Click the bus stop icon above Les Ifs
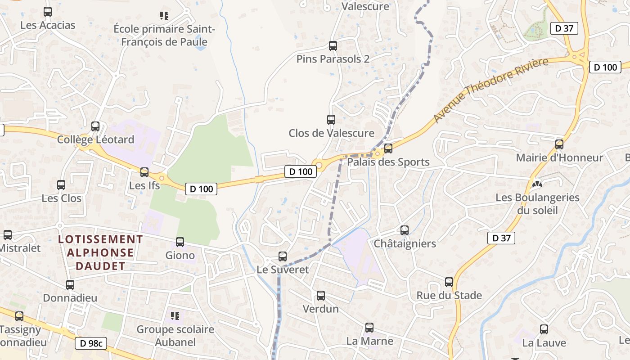coord(144,172)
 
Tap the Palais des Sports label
coord(388,162)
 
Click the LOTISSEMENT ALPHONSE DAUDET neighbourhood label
coord(100,252)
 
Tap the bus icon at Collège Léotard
coord(95,126)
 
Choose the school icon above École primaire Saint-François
coord(164,16)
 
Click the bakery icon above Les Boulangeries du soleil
coord(536,184)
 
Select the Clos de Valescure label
coord(331,133)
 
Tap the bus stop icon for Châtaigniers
coord(405,230)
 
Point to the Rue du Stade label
coord(449,296)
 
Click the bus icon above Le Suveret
coord(283,256)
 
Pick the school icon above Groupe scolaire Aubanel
coord(175,315)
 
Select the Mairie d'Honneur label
coord(559,158)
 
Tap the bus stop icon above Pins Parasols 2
coord(333,45)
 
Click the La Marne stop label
coord(369,341)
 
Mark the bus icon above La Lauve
coord(544,329)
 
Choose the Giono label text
coord(180,256)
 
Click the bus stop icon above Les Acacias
coord(48,12)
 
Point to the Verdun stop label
coord(320,309)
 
